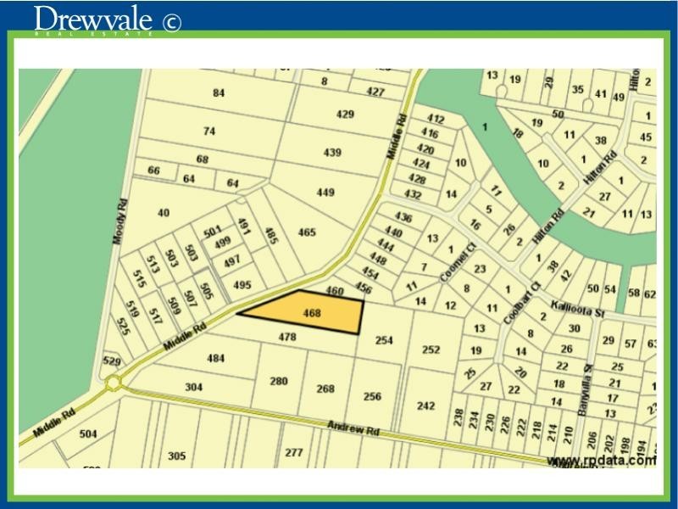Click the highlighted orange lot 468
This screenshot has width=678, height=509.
pos(310,313)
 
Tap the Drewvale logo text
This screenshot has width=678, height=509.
pos(94,19)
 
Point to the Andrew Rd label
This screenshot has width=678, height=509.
pos(355,429)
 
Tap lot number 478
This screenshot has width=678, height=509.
pos(287,337)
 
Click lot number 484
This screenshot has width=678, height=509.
pos(216,358)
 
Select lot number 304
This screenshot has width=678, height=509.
pos(194,387)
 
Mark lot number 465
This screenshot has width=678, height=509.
pos(306,232)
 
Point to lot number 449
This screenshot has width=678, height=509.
pos(325,193)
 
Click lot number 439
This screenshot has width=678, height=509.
pos(332,153)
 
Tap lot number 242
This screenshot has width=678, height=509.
pos(425,406)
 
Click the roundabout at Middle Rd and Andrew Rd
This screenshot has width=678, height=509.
pos(114,384)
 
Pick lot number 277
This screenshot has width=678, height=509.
pos(293,452)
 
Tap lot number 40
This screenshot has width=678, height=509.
pos(164,213)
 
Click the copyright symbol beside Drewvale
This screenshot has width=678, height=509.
pos(170,22)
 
